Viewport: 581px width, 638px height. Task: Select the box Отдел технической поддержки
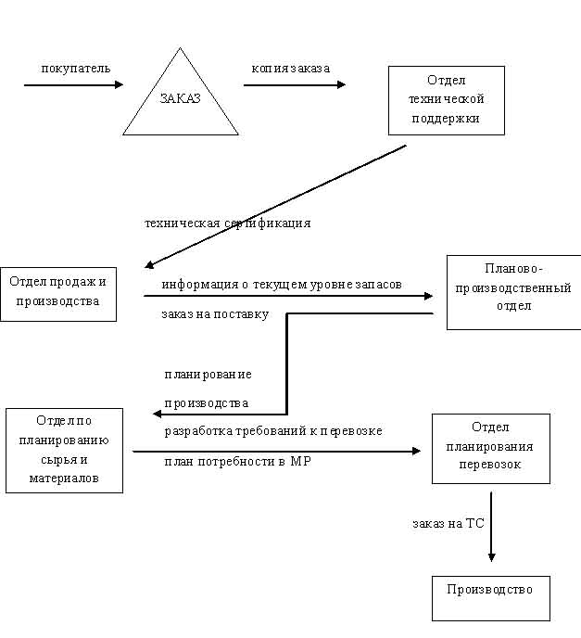[x=446, y=100]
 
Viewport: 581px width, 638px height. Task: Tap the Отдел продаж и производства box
[x=58, y=291]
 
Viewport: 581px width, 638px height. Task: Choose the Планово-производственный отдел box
[x=513, y=292]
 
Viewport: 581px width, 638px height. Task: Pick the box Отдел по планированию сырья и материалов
[x=64, y=450]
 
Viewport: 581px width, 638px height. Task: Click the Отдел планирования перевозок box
[x=490, y=449]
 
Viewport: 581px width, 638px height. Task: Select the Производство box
[x=490, y=597]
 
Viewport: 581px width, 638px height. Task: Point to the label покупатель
[x=75, y=69]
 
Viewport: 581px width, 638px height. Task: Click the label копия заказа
[x=291, y=69]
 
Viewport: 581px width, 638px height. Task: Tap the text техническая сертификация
[x=227, y=223]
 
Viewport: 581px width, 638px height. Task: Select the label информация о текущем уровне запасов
[x=282, y=285]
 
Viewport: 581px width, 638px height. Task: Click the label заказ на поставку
[x=214, y=314]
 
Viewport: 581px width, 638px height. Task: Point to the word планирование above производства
[x=208, y=374]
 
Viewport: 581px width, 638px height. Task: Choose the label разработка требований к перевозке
[x=273, y=431]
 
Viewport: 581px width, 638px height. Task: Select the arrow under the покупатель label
[x=73, y=85]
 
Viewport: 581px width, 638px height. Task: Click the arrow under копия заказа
[x=294, y=85]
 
